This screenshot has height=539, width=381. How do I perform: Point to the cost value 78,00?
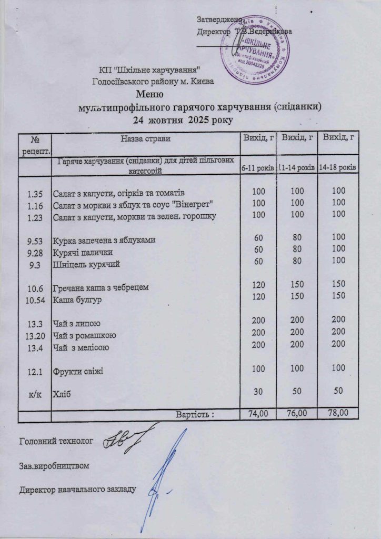339,414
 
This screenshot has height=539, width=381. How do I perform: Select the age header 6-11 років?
257,168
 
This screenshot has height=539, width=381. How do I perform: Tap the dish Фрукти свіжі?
77,371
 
